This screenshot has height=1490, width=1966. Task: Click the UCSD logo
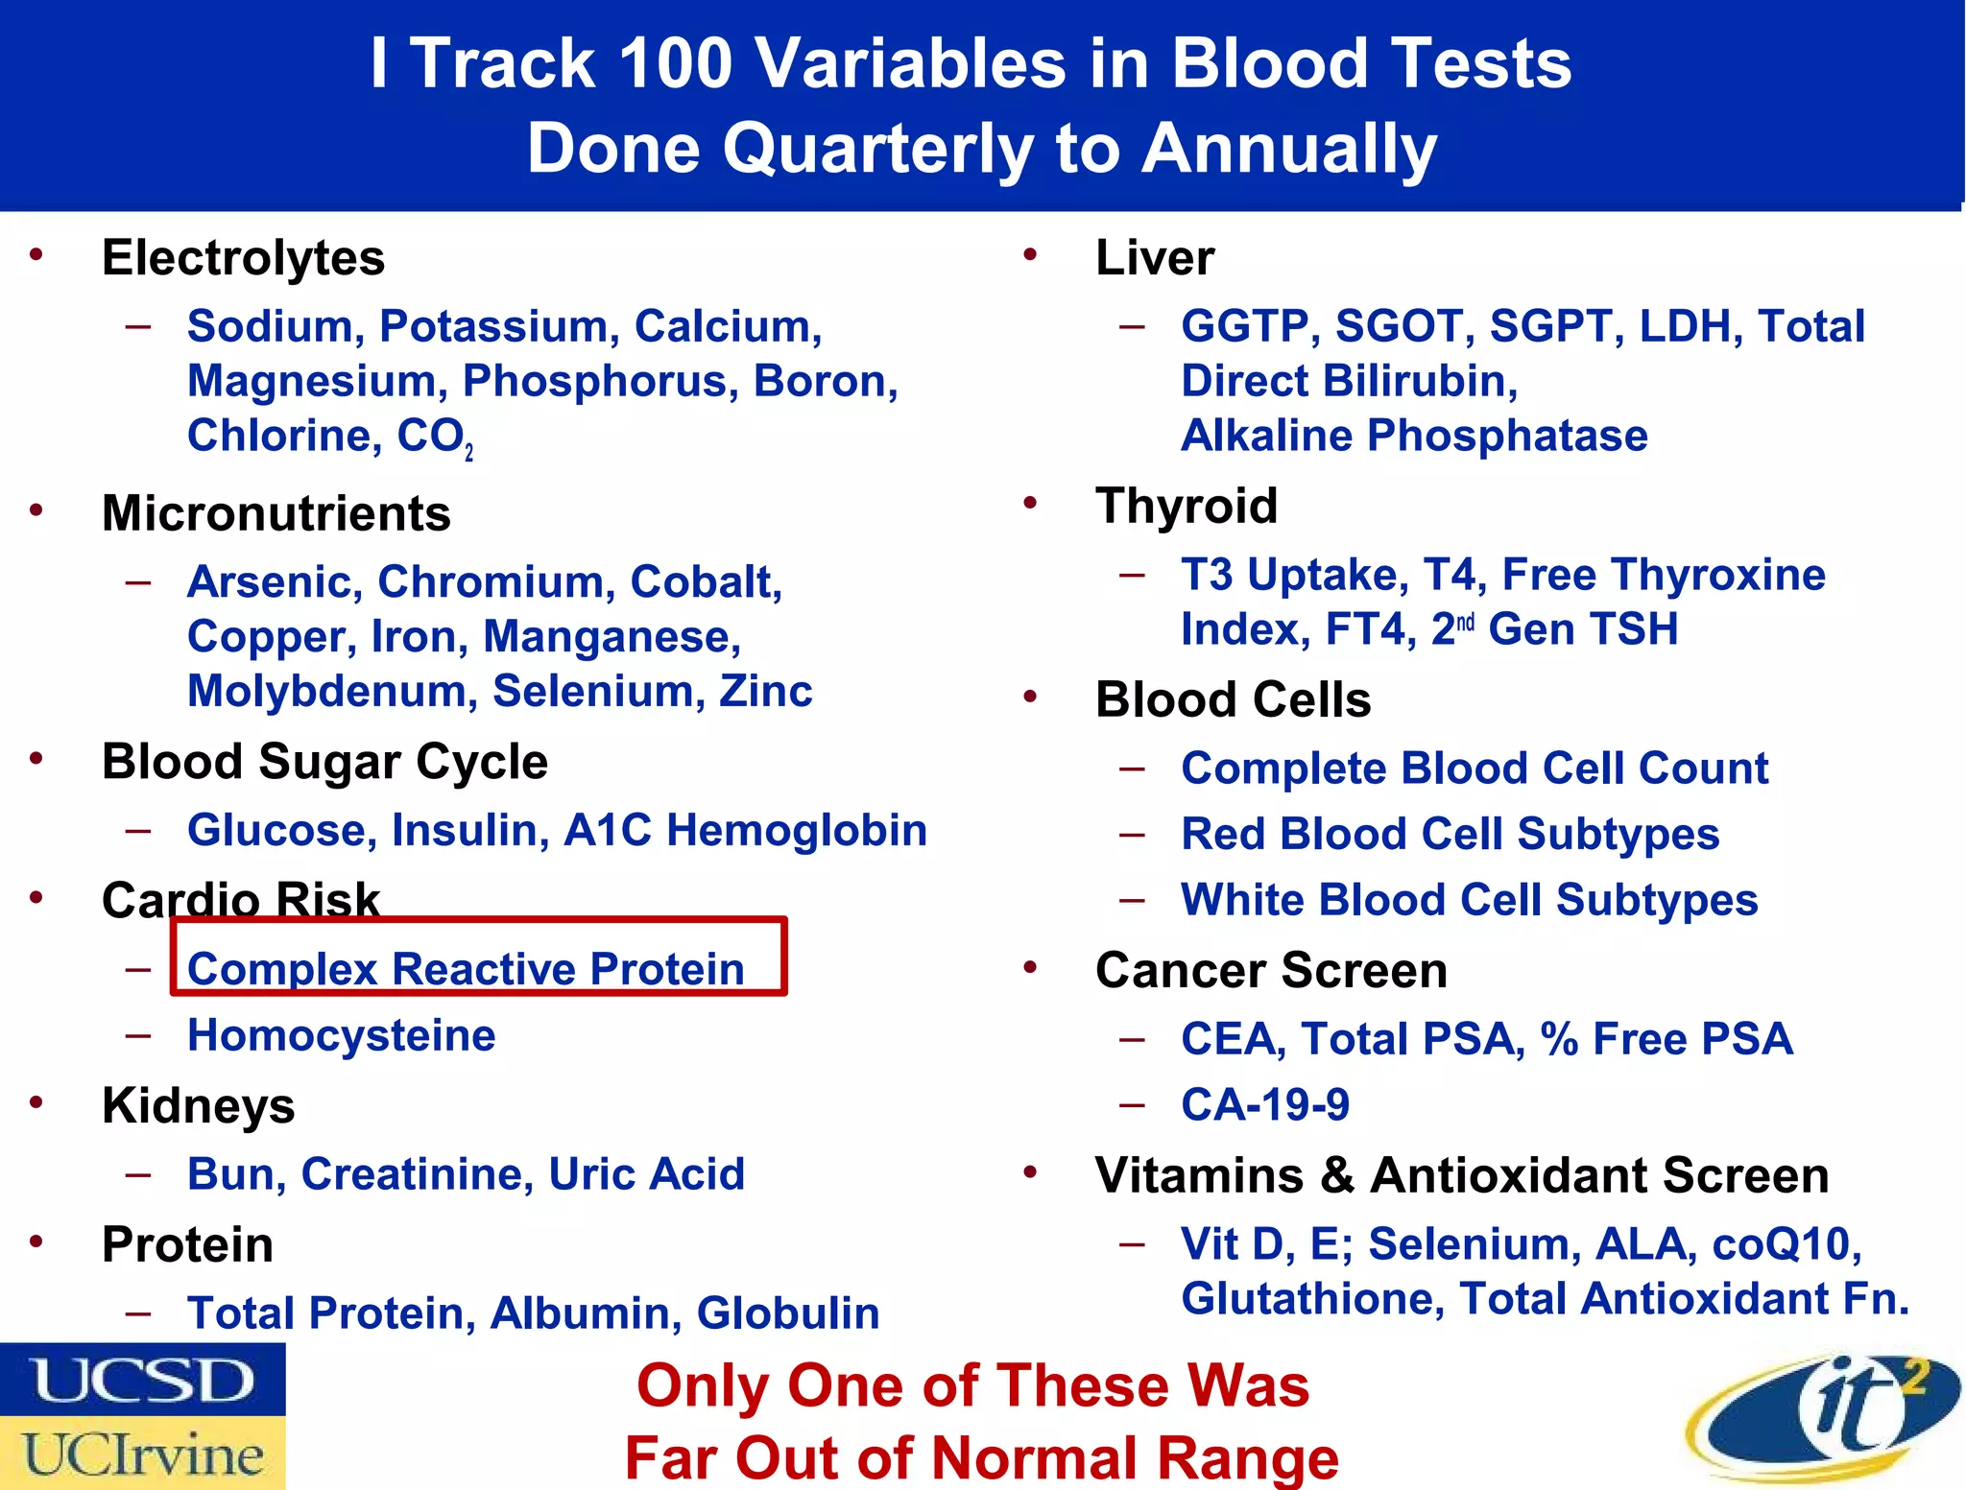click(142, 1380)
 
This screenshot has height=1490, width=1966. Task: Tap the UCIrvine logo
click(142, 1454)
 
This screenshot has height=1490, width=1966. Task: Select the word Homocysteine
click(342, 1035)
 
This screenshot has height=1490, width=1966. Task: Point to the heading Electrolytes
click(243, 258)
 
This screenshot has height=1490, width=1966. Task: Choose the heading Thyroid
click(1187, 506)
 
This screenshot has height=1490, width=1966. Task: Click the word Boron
click(825, 381)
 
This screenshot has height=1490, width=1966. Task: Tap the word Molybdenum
click(332, 692)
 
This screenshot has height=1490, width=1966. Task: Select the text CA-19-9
click(1265, 1104)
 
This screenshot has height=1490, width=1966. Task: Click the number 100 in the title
click(676, 63)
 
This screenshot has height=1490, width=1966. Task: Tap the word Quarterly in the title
click(877, 149)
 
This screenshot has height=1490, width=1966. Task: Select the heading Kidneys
click(198, 1106)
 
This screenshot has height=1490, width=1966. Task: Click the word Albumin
click(579, 1313)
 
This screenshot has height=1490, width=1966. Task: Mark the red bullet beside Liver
click(1030, 255)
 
